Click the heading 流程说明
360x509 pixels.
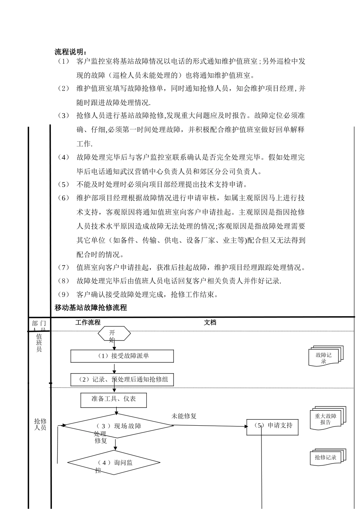(x=71, y=52)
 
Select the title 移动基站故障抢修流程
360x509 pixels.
(x=91, y=308)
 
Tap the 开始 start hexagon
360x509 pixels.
(x=114, y=334)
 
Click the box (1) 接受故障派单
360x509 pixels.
(x=122, y=356)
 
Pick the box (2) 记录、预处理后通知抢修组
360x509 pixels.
(x=122, y=379)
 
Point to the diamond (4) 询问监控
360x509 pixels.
(x=114, y=463)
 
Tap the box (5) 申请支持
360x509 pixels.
(x=272, y=426)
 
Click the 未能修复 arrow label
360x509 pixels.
(x=184, y=416)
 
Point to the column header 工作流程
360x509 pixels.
(x=88, y=322)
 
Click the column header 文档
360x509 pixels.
(x=210, y=322)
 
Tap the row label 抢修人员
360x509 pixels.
(x=40, y=424)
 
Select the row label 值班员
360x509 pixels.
(x=39, y=342)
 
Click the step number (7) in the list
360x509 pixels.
(x=64, y=268)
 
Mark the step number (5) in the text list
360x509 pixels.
(x=64, y=184)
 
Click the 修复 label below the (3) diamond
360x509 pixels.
(x=101, y=441)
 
